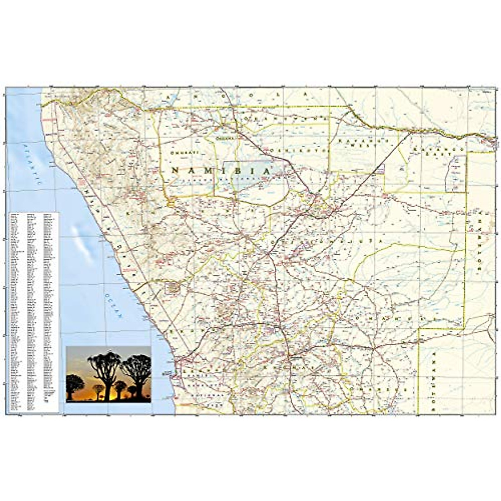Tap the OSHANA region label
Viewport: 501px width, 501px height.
click(223, 137)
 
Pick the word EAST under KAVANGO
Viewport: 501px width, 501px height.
click(445, 153)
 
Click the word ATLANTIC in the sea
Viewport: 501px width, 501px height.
click(33, 165)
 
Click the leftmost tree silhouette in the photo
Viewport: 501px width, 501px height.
click(75, 386)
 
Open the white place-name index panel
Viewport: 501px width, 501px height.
click(33, 313)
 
